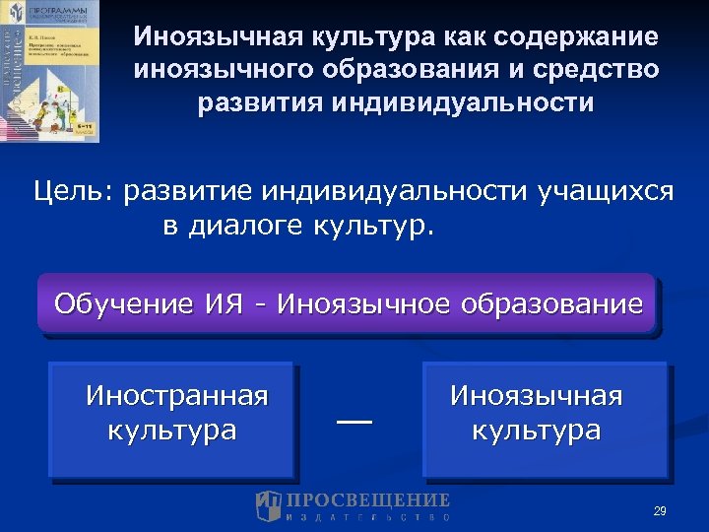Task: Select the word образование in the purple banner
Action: [560, 302]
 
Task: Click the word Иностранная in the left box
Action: [176, 396]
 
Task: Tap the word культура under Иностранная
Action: [172, 431]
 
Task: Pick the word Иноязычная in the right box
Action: [537, 396]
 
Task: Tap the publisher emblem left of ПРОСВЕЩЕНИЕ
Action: [269, 505]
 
